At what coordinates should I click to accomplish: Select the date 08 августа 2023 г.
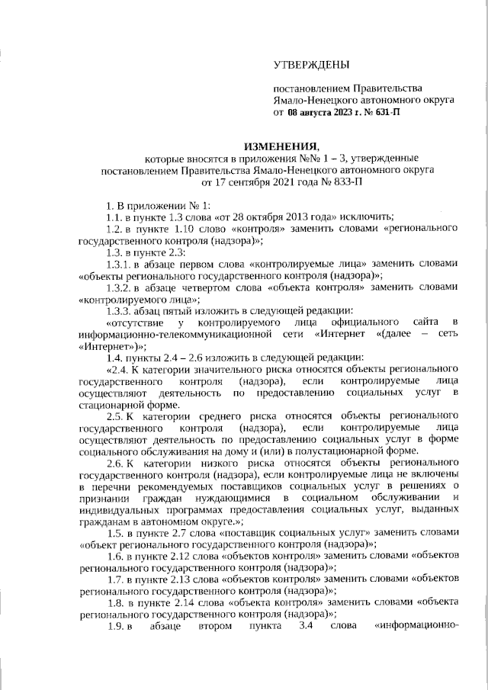325,112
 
